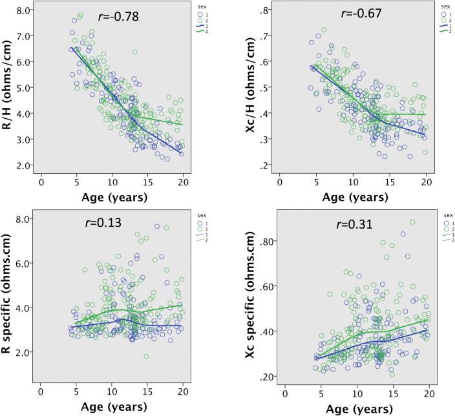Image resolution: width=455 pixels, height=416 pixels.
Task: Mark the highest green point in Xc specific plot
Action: [412, 222]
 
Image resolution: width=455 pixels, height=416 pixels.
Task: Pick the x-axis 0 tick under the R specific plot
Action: [40, 390]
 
